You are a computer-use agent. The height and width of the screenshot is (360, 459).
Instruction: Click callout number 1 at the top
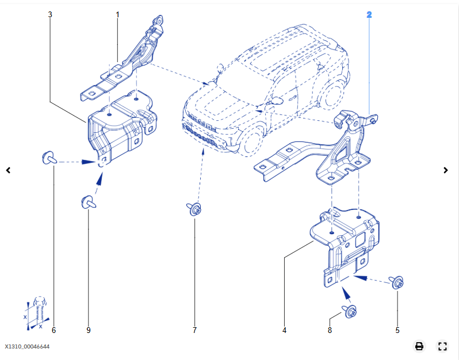pos(117,13)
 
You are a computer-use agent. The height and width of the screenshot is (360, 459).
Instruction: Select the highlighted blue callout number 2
pos(369,13)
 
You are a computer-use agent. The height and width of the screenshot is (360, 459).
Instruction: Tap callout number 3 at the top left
pos(50,13)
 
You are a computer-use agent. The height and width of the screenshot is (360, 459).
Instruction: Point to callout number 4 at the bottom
pos(284,330)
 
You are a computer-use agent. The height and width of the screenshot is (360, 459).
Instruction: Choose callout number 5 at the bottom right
pos(397,330)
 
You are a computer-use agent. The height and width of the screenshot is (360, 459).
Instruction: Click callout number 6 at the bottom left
pos(53,330)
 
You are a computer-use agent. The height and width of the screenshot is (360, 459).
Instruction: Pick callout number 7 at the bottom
pos(194,330)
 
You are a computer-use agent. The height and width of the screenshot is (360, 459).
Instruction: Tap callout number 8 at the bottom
pos(330,330)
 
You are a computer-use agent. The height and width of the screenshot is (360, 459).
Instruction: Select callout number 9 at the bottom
pos(89,330)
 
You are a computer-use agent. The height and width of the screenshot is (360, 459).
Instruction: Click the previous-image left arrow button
pos(8,170)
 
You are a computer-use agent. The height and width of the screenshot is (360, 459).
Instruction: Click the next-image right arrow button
pos(446,170)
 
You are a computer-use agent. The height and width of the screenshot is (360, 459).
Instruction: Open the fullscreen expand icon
pos(442,346)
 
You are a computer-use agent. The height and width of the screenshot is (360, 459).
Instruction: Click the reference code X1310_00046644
pos(28,347)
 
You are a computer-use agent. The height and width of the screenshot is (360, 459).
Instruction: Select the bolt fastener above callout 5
pos(397,282)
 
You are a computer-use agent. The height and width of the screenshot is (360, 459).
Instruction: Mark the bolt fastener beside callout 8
pos(351,311)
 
